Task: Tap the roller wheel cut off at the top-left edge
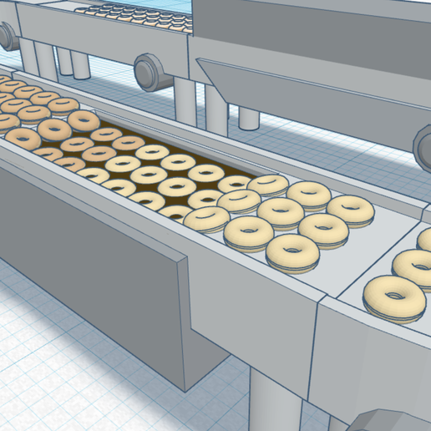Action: (6, 35)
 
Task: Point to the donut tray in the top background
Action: (134, 15)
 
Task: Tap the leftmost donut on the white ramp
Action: (206, 219)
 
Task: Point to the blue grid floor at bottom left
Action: (50, 376)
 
